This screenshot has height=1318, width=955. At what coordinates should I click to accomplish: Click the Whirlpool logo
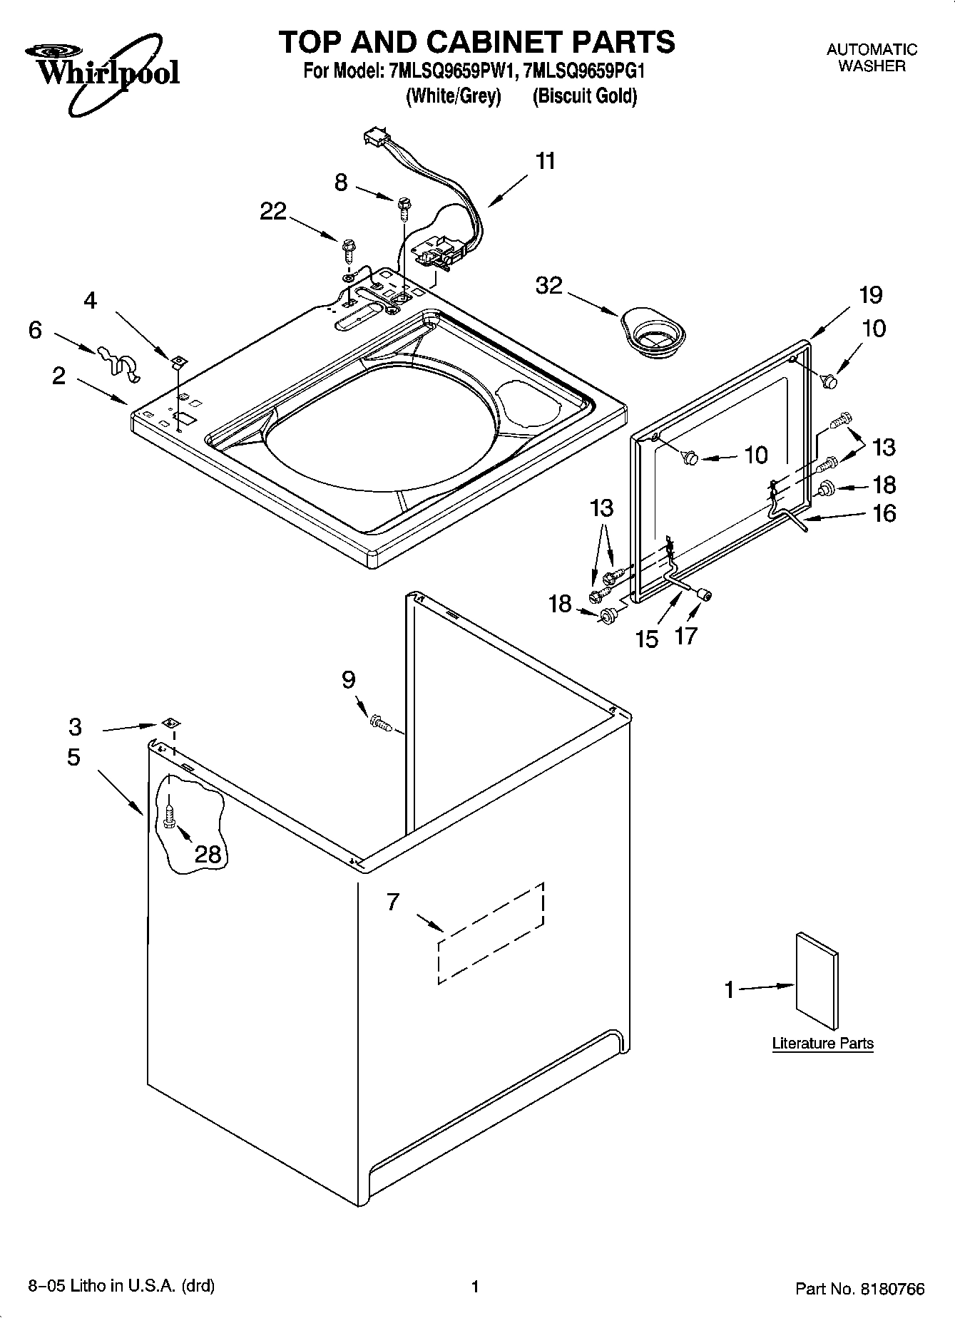(x=103, y=71)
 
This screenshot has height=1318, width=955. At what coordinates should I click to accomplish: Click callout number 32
(x=549, y=286)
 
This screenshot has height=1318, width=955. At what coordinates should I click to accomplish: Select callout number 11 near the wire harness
(x=546, y=161)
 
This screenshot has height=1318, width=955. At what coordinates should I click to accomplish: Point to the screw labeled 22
(x=349, y=247)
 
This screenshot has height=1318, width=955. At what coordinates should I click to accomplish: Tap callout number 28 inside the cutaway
(x=208, y=853)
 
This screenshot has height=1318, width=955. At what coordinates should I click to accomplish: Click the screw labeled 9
(x=379, y=725)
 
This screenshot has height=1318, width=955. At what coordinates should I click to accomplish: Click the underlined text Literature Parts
(x=822, y=1044)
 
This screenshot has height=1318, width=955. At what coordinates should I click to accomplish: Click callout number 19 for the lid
(x=870, y=294)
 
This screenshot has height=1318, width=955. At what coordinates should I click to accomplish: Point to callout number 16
(x=884, y=513)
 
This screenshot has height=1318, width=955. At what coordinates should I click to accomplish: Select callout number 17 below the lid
(x=685, y=635)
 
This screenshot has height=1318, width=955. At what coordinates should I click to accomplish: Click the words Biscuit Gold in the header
(x=585, y=96)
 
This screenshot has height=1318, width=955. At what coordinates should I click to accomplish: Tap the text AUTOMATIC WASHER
(x=872, y=58)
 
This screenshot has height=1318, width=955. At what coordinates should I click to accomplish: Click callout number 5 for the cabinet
(x=74, y=757)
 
